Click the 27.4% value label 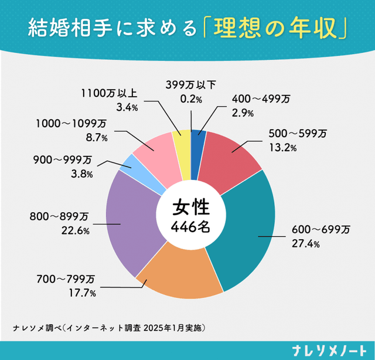click(305, 243)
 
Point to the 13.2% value click(282, 147)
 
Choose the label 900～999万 click(63, 159)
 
